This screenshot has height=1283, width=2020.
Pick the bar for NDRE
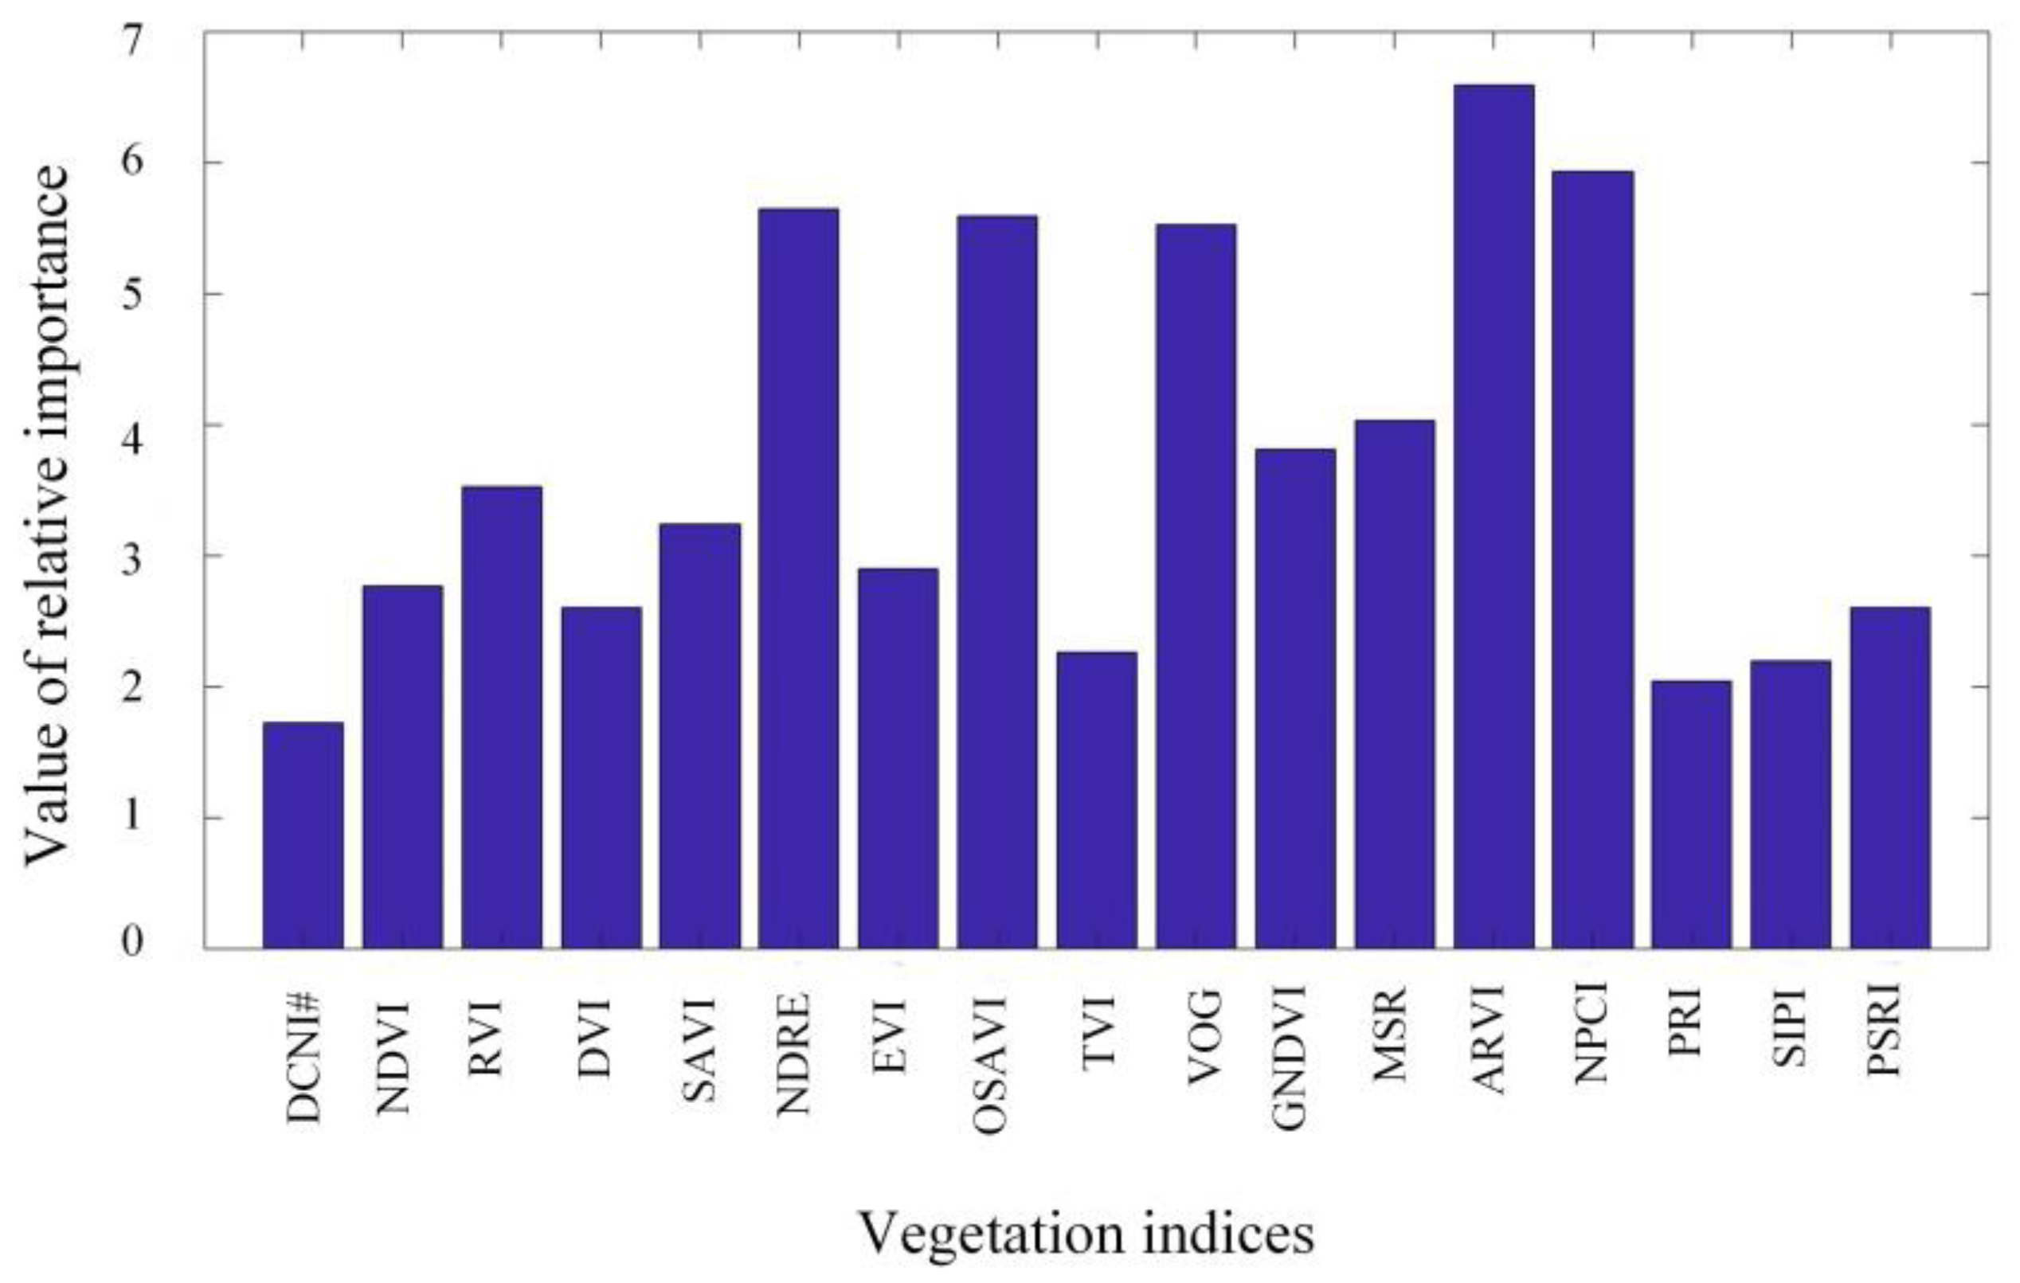799,579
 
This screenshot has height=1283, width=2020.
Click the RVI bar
502,717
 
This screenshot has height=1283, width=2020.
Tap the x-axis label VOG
1203,1039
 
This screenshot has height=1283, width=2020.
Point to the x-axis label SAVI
699,1049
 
